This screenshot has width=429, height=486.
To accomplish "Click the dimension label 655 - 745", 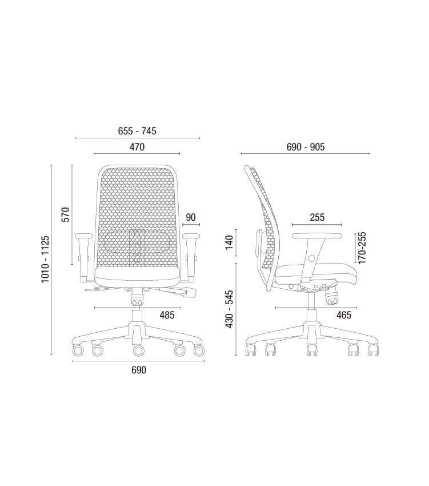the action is pos(137,131).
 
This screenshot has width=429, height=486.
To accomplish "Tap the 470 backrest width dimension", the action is pos(137,146).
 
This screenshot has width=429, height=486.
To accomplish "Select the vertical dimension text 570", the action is pos(66,214).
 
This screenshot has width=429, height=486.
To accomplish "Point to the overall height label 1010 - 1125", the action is pos(45,259).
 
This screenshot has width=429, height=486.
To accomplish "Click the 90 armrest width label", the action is pos(191,217).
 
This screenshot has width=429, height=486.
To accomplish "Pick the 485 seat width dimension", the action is pos(167,315).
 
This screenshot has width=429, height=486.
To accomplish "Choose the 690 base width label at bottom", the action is pos(139,370).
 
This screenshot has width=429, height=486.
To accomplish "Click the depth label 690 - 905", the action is pos(306,146).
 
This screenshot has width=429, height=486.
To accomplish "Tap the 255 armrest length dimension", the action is pos(317,217).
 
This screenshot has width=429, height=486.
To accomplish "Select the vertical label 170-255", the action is pos(362,248).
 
